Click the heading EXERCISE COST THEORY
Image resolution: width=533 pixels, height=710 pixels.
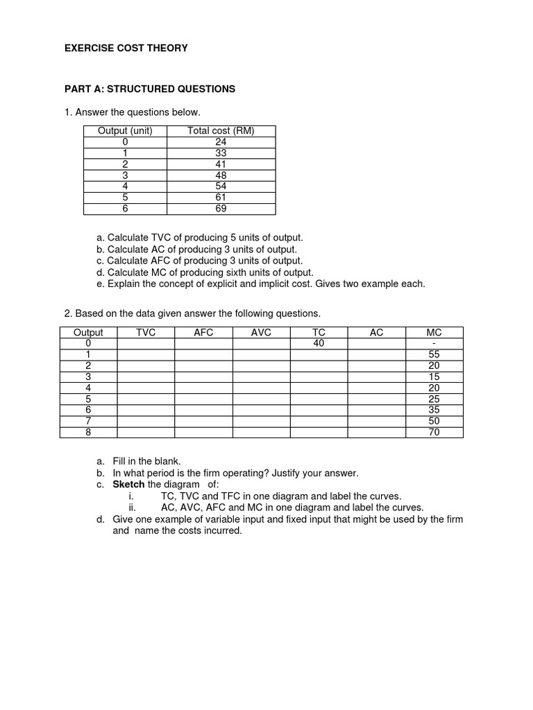point(126,49)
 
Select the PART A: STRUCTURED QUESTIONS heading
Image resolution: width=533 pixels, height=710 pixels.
point(150,89)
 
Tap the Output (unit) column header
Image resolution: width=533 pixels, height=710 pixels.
point(125,131)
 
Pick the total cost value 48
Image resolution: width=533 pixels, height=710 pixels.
point(221,175)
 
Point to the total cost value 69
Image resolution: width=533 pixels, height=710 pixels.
point(221,209)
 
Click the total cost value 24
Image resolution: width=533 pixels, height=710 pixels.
point(221,142)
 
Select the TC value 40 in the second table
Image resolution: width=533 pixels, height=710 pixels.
point(319,343)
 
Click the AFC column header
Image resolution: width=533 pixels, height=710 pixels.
point(203,333)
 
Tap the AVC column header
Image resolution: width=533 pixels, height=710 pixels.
point(261,333)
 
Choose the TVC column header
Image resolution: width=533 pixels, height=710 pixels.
point(146,333)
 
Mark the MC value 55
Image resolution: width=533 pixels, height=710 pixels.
point(434,354)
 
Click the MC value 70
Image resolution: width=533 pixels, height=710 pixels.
point(434,432)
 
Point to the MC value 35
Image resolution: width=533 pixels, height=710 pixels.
point(434,410)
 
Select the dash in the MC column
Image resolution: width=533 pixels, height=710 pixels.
point(434,343)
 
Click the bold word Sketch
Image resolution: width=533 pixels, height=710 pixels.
point(129,485)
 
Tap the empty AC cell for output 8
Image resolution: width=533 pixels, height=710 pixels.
point(376,432)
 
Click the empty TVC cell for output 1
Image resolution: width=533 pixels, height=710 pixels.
point(146,354)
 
